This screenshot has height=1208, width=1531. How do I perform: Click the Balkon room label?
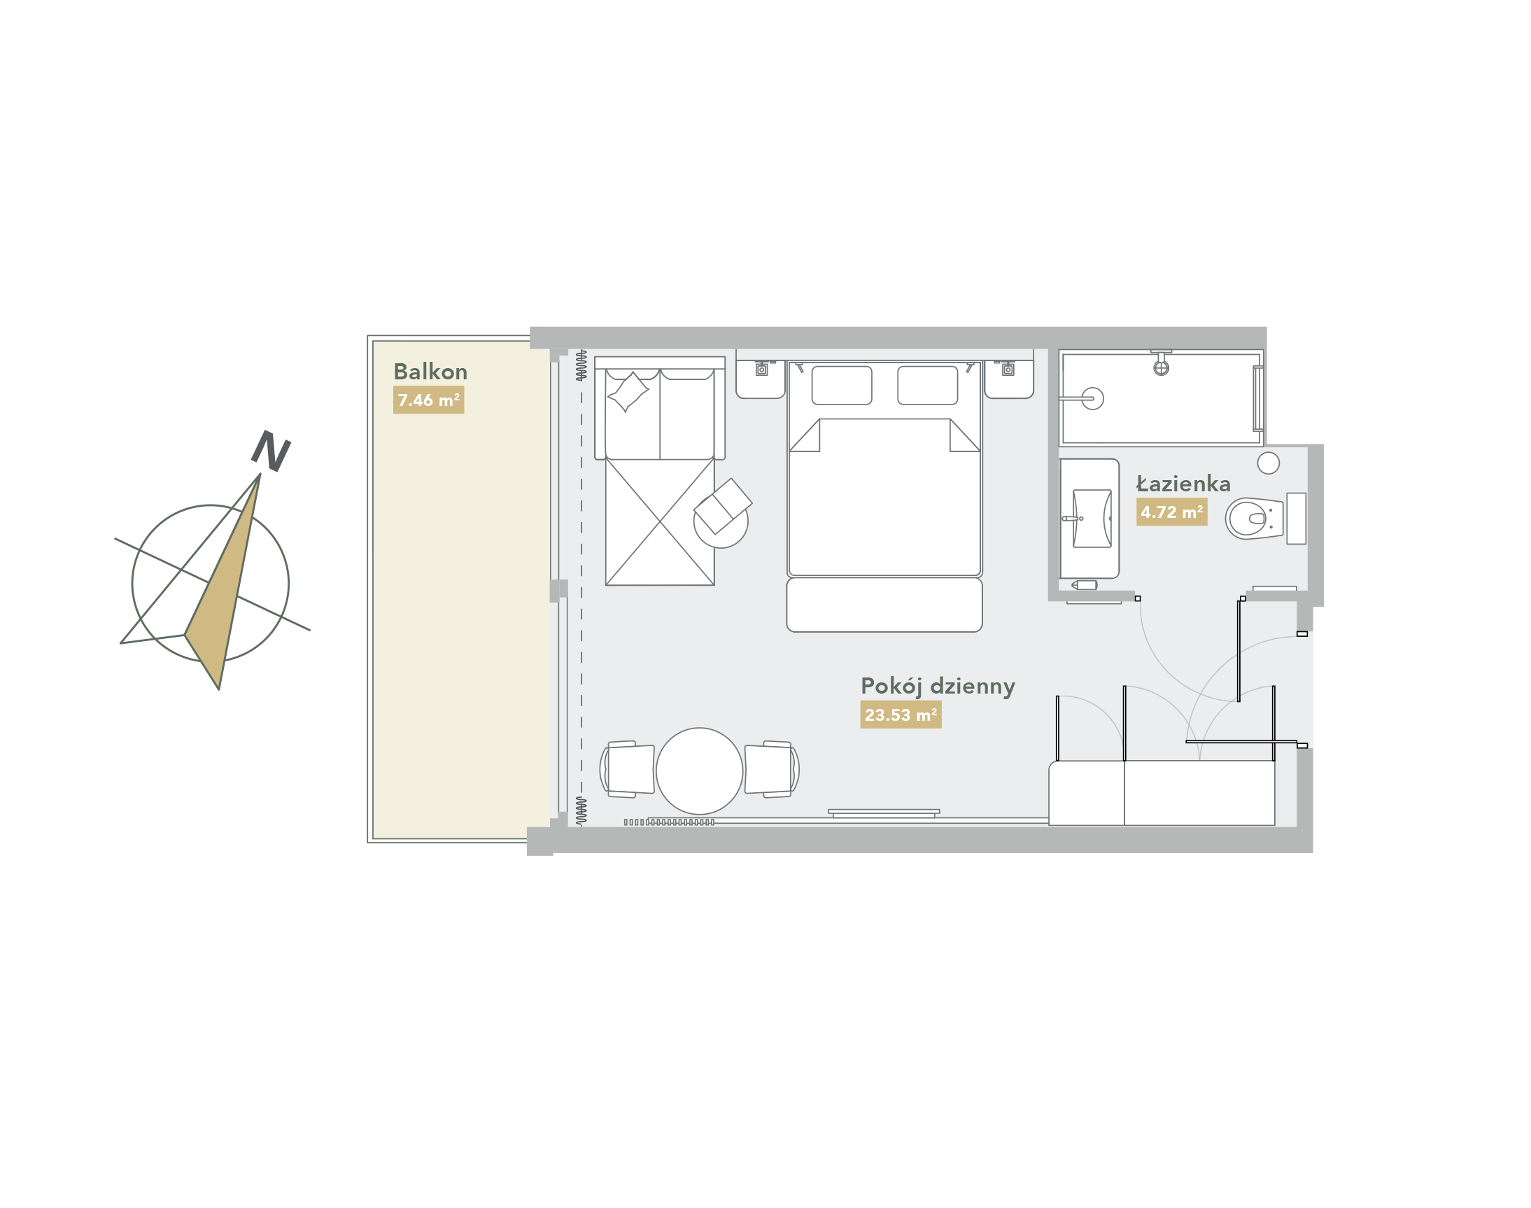(430, 372)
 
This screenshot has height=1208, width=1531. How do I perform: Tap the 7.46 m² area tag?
(428, 400)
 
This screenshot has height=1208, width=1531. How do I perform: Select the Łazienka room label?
(1183, 484)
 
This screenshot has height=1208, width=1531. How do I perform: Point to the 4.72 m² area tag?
(1172, 512)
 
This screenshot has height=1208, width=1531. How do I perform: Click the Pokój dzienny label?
(938, 687)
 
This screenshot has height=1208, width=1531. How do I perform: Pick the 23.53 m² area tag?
(901, 715)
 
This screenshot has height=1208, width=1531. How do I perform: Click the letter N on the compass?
(271, 451)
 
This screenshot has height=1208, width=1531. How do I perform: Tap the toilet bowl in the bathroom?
(1255, 519)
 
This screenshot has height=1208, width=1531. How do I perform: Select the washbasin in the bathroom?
(1092, 519)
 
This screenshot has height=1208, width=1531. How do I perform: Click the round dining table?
(700, 771)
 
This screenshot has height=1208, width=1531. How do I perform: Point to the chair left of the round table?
(627, 769)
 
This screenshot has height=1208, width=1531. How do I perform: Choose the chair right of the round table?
(772, 769)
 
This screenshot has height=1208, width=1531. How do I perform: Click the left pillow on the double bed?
(842, 386)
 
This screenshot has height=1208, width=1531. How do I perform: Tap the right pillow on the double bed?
(928, 386)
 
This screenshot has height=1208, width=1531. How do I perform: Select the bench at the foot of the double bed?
(884, 605)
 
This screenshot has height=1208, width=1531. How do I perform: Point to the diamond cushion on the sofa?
(628, 392)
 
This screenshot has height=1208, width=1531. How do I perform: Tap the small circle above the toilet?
(1269, 463)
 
